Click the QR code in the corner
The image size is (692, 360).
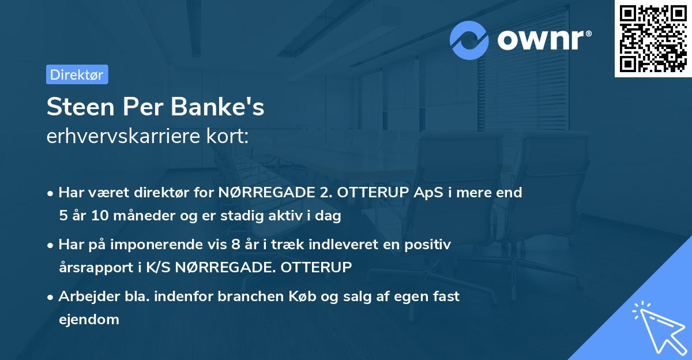point(653,39)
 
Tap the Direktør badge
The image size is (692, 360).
point(77,74)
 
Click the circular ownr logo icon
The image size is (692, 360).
point(469,40)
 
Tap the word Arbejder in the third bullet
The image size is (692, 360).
point(86,297)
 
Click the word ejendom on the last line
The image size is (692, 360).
point(89,320)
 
